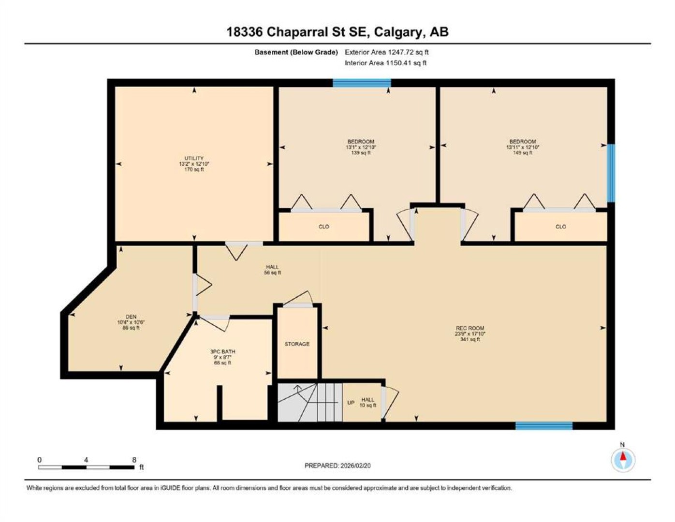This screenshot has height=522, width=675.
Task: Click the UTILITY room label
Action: click(x=194, y=159)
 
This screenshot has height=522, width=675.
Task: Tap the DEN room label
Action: click(x=131, y=317)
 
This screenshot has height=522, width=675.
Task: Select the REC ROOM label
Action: click(x=470, y=328)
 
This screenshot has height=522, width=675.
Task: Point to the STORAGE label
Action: click(x=297, y=344)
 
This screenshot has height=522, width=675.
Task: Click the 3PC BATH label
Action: click(x=223, y=351)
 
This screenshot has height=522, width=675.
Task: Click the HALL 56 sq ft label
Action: click(x=272, y=270)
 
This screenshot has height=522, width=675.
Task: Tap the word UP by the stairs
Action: click(x=351, y=403)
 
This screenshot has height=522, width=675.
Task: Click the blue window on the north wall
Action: click(x=362, y=83)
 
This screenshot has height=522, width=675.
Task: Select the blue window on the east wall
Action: click(x=611, y=173)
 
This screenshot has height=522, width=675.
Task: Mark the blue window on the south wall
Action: click(x=544, y=426)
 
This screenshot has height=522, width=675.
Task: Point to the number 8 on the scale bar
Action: click(x=134, y=460)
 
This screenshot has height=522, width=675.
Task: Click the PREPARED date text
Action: click(x=337, y=466)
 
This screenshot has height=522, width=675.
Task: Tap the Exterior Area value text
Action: click(x=387, y=52)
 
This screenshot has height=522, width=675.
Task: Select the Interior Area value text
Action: click(x=385, y=63)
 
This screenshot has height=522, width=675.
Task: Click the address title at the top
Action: click(x=337, y=32)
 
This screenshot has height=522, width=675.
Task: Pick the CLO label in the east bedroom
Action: click(x=561, y=227)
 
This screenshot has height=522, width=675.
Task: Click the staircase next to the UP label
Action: click(x=310, y=403)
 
